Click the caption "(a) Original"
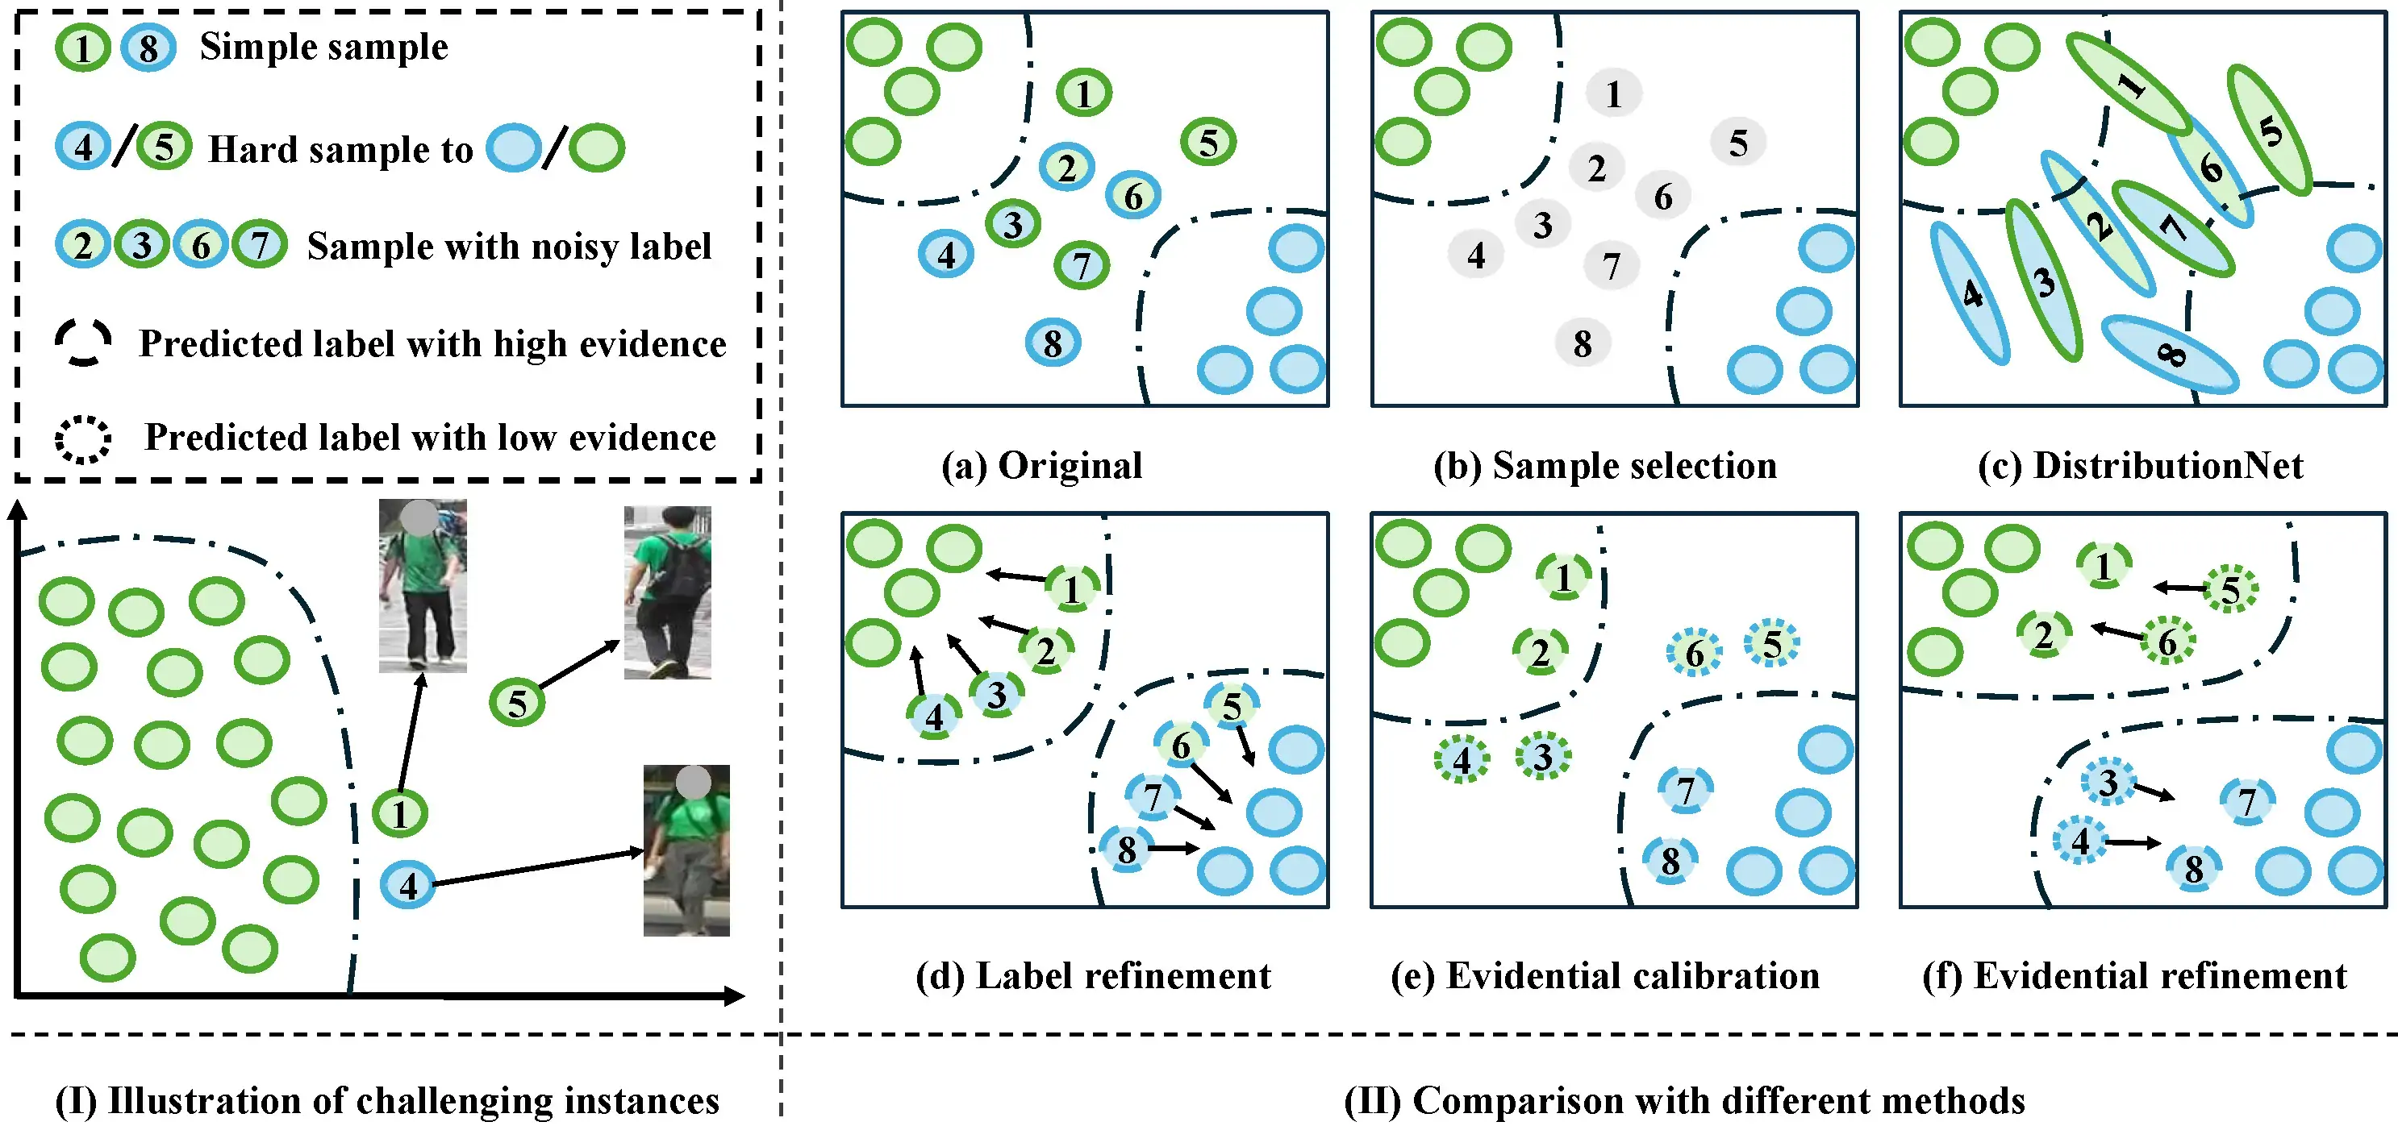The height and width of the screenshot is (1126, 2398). pyautogui.click(x=1041, y=465)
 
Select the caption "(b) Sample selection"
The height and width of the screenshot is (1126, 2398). pyautogui.click(x=1605, y=465)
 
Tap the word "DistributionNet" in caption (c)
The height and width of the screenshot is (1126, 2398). pyautogui.click(x=2168, y=465)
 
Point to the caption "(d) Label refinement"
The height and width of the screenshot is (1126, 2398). pyautogui.click(x=1093, y=975)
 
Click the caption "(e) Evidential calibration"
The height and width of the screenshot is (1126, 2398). pyautogui.click(x=1605, y=975)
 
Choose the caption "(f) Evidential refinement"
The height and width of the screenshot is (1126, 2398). pyautogui.click(x=2133, y=975)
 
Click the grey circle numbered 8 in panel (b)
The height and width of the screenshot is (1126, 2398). pyautogui.click(x=1583, y=343)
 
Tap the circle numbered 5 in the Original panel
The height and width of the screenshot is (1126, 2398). pyautogui.click(x=1208, y=143)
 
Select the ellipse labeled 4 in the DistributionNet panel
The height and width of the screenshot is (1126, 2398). pyautogui.click(x=1971, y=293)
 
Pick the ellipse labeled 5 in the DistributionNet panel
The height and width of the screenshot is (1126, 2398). pyautogui.click(x=2270, y=131)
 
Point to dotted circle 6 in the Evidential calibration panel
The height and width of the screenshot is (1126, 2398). pyautogui.click(x=1694, y=653)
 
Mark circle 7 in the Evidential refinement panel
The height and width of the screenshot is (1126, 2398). pyautogui.click(x=2247, y=800)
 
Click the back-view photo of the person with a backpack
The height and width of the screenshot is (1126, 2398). pyautogui.click(x=668, y=592)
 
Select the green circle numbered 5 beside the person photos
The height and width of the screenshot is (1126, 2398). pyautogui.click(x=517, y=703)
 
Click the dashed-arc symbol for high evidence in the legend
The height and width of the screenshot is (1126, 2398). pyautogui.click(x=83, y=343)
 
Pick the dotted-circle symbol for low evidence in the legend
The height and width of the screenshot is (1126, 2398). pyautogui.click(x=83, y=438)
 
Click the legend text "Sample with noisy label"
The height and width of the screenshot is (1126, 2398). pyautogui.click(x=509, y=247)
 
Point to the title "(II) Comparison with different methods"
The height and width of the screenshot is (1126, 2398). pyautogui.click(x=1684, y=1100)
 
